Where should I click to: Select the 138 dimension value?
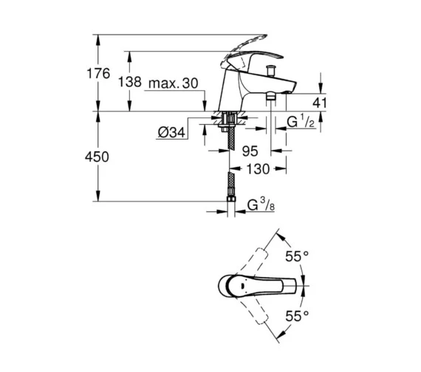click(x=130, y=84)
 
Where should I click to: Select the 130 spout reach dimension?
click(x=257, y=169)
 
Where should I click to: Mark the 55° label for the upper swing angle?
click(x=297, y=256)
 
